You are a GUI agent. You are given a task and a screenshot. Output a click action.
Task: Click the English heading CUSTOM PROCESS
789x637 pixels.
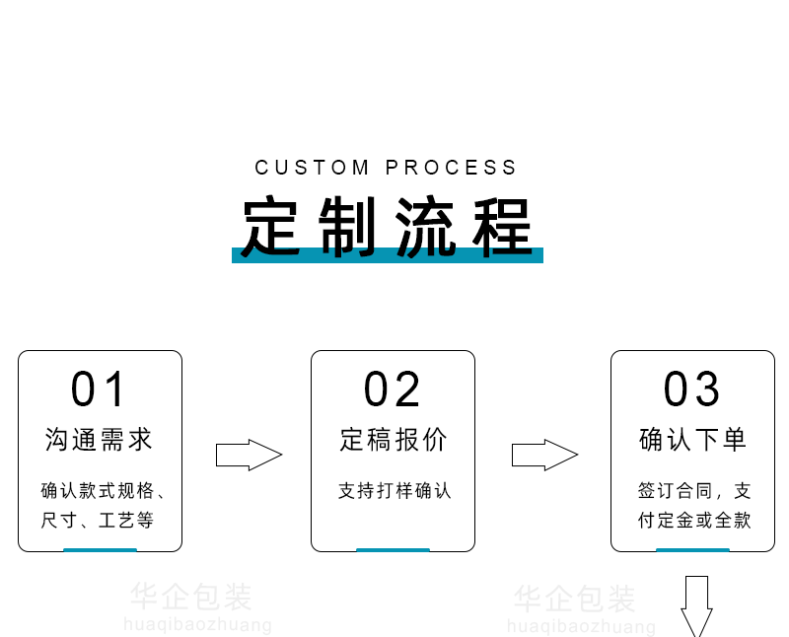coord(386,168)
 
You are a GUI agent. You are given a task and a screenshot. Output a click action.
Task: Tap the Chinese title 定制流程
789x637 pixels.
coord(387,226)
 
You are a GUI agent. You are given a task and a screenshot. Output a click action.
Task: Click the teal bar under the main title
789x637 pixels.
coord(387,255)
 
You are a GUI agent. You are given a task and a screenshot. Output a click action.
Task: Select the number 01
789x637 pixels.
coord(99,389)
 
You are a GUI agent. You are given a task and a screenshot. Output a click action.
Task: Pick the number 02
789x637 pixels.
coord(392,389)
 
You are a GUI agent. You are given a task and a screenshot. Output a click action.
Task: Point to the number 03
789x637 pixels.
coord(691,389)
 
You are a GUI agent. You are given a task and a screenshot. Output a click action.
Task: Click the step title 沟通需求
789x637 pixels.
coord(100,440)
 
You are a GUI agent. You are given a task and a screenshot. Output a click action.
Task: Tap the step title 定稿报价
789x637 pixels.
coord(393,440)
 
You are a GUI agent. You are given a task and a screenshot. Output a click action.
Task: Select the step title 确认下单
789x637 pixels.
coord(692,440)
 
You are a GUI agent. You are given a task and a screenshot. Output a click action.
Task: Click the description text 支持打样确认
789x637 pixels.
coord(394,490)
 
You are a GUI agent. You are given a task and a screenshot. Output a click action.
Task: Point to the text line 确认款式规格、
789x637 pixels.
coord(103,490)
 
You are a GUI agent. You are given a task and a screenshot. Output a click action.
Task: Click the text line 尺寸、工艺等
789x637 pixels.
coord(97,520)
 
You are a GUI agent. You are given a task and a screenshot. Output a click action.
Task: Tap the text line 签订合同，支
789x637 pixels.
coord(693,490)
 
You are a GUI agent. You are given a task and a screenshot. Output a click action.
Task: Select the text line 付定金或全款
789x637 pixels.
coord(693,520)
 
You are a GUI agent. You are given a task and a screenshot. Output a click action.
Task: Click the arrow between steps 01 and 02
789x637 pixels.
coord(249,455)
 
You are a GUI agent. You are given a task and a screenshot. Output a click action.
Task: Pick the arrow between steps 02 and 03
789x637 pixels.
coord(543,455)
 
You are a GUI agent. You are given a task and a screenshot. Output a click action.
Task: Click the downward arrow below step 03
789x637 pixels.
coord(696,604)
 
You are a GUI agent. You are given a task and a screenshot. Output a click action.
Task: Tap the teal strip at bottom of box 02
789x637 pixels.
coord(393,549)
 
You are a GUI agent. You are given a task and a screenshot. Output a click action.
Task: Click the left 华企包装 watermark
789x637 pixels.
coord(191,597)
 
